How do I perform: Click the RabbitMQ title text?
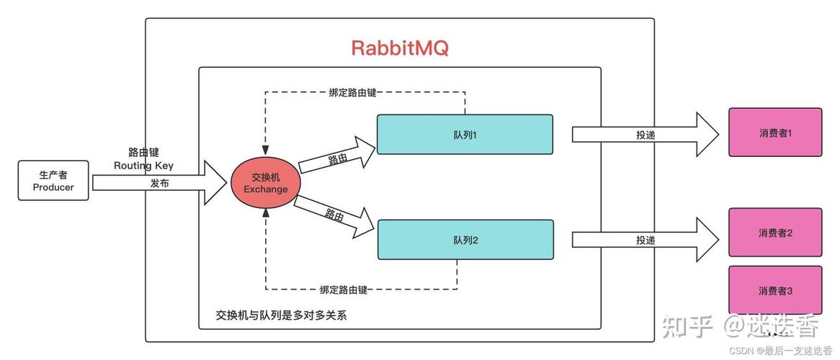pyautogui.click(x=400, y=48)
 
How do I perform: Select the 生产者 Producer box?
pyautogui.click(x=53, y=181)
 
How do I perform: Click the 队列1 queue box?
pyautogui.click(x=465, y=134)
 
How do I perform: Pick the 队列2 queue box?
pyautogui.click(x=465, y=240)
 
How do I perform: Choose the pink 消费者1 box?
pyautogui.click(x=775, y=132)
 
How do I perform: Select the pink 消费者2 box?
pyautogui.click(x=775, y=233)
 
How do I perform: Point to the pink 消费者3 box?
pyautogui.click(x=775, y=290)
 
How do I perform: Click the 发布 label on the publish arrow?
pyautogui.click(x=160, y=184)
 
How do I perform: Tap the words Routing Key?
pyautogui.click(x=143, y=165)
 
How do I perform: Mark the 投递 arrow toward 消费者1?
pyautogui.click(x=645, y=135)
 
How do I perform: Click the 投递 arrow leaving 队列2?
pyautogui.click(x=645, y=240)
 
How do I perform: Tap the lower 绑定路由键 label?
pyautogui.click(x=344, y=289)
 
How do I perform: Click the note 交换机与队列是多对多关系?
pyautogui.click(x=281, y=315)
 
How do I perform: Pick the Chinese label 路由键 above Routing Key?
pyautogui.click(x=143, y=152)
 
